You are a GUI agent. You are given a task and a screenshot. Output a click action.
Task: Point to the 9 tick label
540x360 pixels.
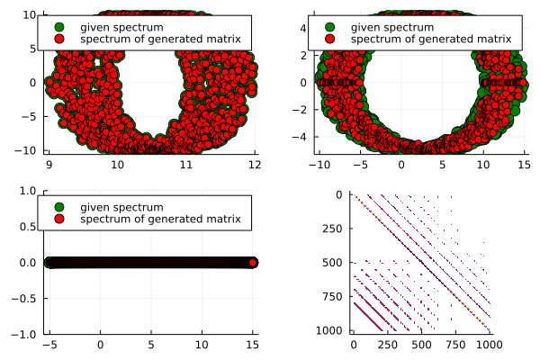pos(49,165)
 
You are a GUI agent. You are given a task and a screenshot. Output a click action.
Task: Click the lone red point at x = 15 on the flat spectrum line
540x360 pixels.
pos(254,263)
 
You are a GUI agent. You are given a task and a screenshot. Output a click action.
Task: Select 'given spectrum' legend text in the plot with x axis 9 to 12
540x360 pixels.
pos(113,27)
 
